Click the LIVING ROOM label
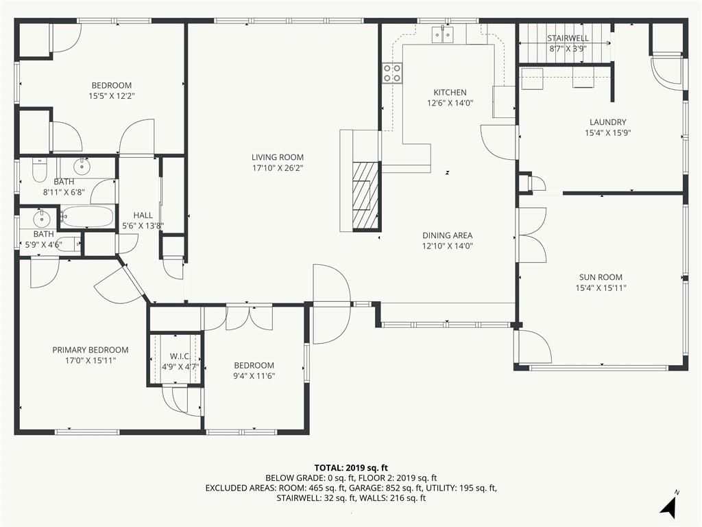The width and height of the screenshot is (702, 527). point(278,157)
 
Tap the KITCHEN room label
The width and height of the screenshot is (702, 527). point(450,93)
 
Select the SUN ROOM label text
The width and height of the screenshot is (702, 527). point(601,277)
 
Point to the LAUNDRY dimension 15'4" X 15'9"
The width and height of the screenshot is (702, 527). point(607,132)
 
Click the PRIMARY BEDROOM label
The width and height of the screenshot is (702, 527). point(90,350)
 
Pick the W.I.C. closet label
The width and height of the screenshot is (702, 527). point(180,356)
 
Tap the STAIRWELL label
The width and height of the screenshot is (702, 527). point(568,38)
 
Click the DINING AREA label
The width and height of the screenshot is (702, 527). point(447,235)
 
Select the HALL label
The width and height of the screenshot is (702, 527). point(143,215)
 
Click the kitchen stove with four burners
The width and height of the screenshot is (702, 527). point(391,73)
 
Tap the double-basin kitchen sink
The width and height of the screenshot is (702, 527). point(442,34)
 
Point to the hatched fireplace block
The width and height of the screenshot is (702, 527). point(366,196)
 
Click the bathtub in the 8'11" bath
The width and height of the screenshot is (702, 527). point(87,217)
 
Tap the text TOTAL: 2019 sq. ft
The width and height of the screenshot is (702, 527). point(351,468)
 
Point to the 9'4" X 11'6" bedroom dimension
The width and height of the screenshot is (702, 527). point(254,376)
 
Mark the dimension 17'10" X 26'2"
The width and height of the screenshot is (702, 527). point(278,168)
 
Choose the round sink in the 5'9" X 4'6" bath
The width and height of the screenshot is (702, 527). point(41,219)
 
